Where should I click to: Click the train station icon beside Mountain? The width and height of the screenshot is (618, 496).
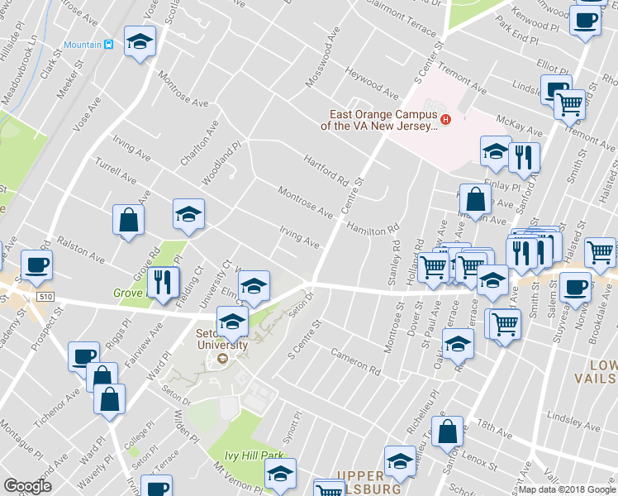point(108,44)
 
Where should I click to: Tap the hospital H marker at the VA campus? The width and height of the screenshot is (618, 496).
point(446,120)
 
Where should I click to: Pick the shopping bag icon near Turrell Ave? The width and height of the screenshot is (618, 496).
point(129,220)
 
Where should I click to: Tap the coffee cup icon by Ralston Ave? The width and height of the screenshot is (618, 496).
point(37,265)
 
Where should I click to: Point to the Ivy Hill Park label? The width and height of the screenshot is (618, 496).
point(256,455)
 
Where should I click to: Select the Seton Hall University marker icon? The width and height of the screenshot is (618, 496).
point(222,359)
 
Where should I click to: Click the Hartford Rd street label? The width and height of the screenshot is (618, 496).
point(325,169)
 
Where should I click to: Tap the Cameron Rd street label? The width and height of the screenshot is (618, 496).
point(354,358)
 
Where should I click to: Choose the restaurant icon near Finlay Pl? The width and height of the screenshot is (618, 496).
point(524,158)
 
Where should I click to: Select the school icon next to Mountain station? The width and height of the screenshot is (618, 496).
point(140,41)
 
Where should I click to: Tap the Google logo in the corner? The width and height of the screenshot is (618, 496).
point(27,485)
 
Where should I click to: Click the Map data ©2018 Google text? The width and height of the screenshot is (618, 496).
point(568,489)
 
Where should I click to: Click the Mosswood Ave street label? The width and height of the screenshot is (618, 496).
point(323,50)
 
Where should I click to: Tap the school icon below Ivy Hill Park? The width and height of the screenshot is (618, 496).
point(279,475)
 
